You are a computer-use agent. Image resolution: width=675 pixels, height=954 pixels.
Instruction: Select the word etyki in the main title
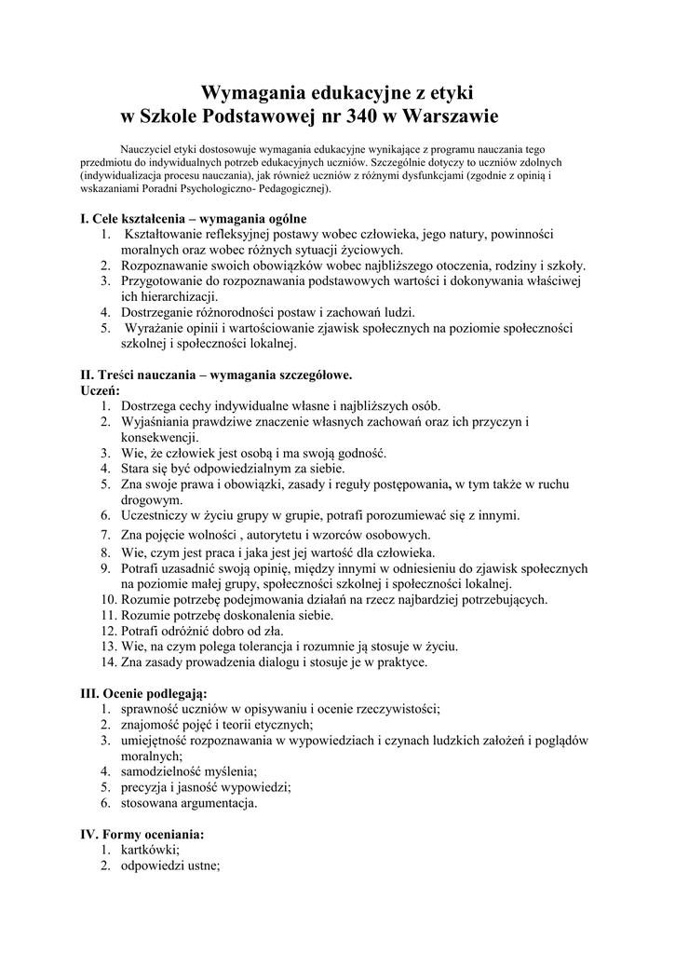(x=448, y=92)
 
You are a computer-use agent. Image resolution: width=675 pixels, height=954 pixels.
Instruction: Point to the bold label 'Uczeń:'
(x=101, y=390)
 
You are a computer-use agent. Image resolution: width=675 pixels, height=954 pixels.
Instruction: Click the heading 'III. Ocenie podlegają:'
(x=144, y=693)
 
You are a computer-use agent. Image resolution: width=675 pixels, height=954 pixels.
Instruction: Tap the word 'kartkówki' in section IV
(x=149, y=850)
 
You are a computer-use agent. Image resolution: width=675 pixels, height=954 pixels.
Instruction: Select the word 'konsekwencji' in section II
(x=158, y=438)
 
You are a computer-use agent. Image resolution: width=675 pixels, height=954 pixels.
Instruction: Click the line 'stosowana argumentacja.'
(x=189, y=802)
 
